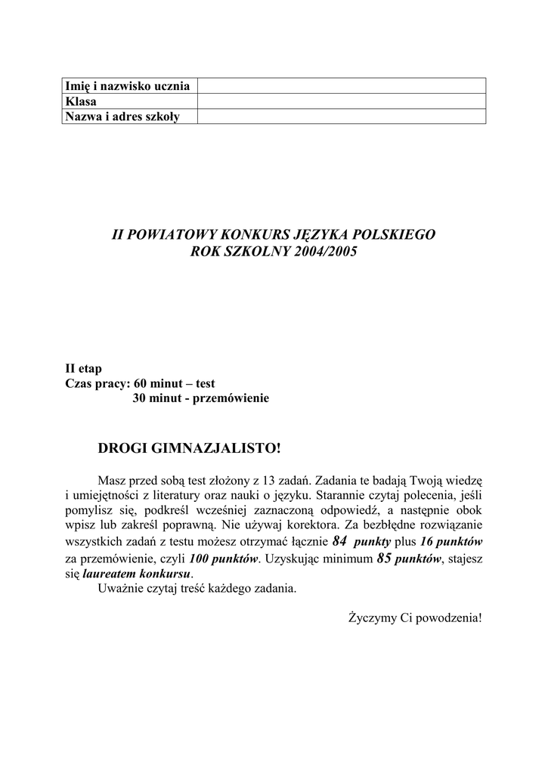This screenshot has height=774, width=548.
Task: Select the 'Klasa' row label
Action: coord(81,101)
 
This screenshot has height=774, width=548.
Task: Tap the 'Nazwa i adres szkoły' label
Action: coord(122,116)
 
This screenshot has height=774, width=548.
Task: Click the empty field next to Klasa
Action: coord(341,101)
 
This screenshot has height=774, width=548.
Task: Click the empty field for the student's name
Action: coord(341,85)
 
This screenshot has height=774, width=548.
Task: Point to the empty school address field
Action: coord(341,116)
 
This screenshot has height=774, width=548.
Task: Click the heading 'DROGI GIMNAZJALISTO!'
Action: coord(190,449)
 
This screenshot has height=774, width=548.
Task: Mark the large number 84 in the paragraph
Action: coord(339,541)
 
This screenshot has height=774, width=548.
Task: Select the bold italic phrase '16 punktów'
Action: coord(451,542)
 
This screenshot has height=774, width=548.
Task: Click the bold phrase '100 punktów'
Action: coord(224,559)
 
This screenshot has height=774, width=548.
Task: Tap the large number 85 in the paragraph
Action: coord(383,559)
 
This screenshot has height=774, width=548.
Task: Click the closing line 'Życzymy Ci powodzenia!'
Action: coord(414,618)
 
